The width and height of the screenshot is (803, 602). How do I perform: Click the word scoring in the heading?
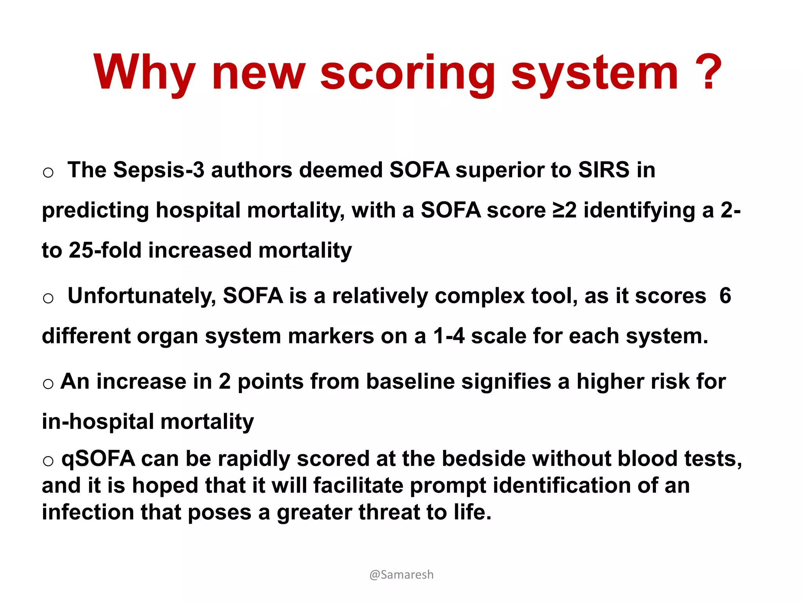point(408,74)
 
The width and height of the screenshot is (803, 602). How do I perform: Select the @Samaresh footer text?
point(401,575)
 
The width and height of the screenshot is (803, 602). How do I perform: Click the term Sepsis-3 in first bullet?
point(159,170)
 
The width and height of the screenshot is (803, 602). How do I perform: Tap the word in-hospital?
point(98,422)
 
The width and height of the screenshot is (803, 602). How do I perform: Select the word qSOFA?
point(98,459)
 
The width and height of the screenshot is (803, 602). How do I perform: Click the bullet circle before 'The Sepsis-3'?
point(48,172)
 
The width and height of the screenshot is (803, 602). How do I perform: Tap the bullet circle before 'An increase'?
point(48,383)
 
